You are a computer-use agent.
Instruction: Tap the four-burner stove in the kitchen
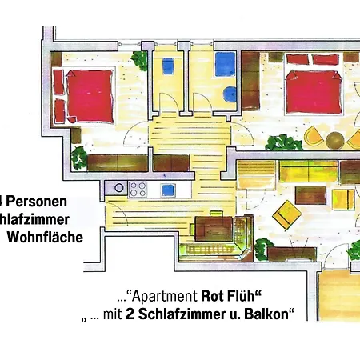click(138, 190)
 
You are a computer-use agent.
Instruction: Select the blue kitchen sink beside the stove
click(167, 190)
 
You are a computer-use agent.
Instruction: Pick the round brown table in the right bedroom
click(333, 141)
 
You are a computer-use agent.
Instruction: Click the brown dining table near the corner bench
click(212, 228)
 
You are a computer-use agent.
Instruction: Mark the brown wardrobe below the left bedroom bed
click(117, 162)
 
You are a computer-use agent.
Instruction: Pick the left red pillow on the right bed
click(298, 60)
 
